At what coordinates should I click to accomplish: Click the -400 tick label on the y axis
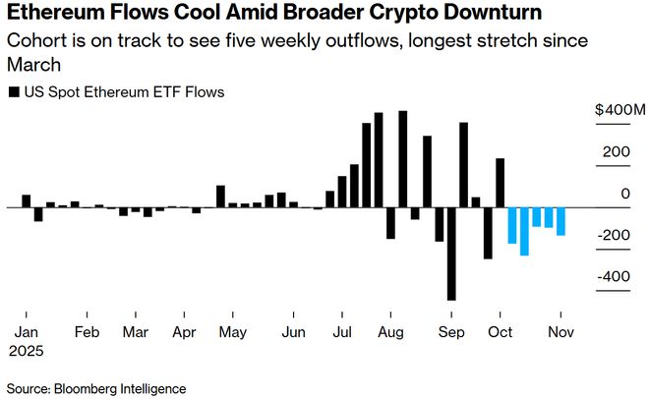(x=615, y=276)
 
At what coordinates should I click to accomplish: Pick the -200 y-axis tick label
(x=615, y=235)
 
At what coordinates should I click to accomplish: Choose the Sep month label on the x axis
(x=451, y=331)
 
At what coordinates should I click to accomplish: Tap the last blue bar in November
(x=560, y=221)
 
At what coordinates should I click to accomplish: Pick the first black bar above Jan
(x=27, y=200)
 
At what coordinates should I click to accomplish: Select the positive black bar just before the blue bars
(x=500, y=183)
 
